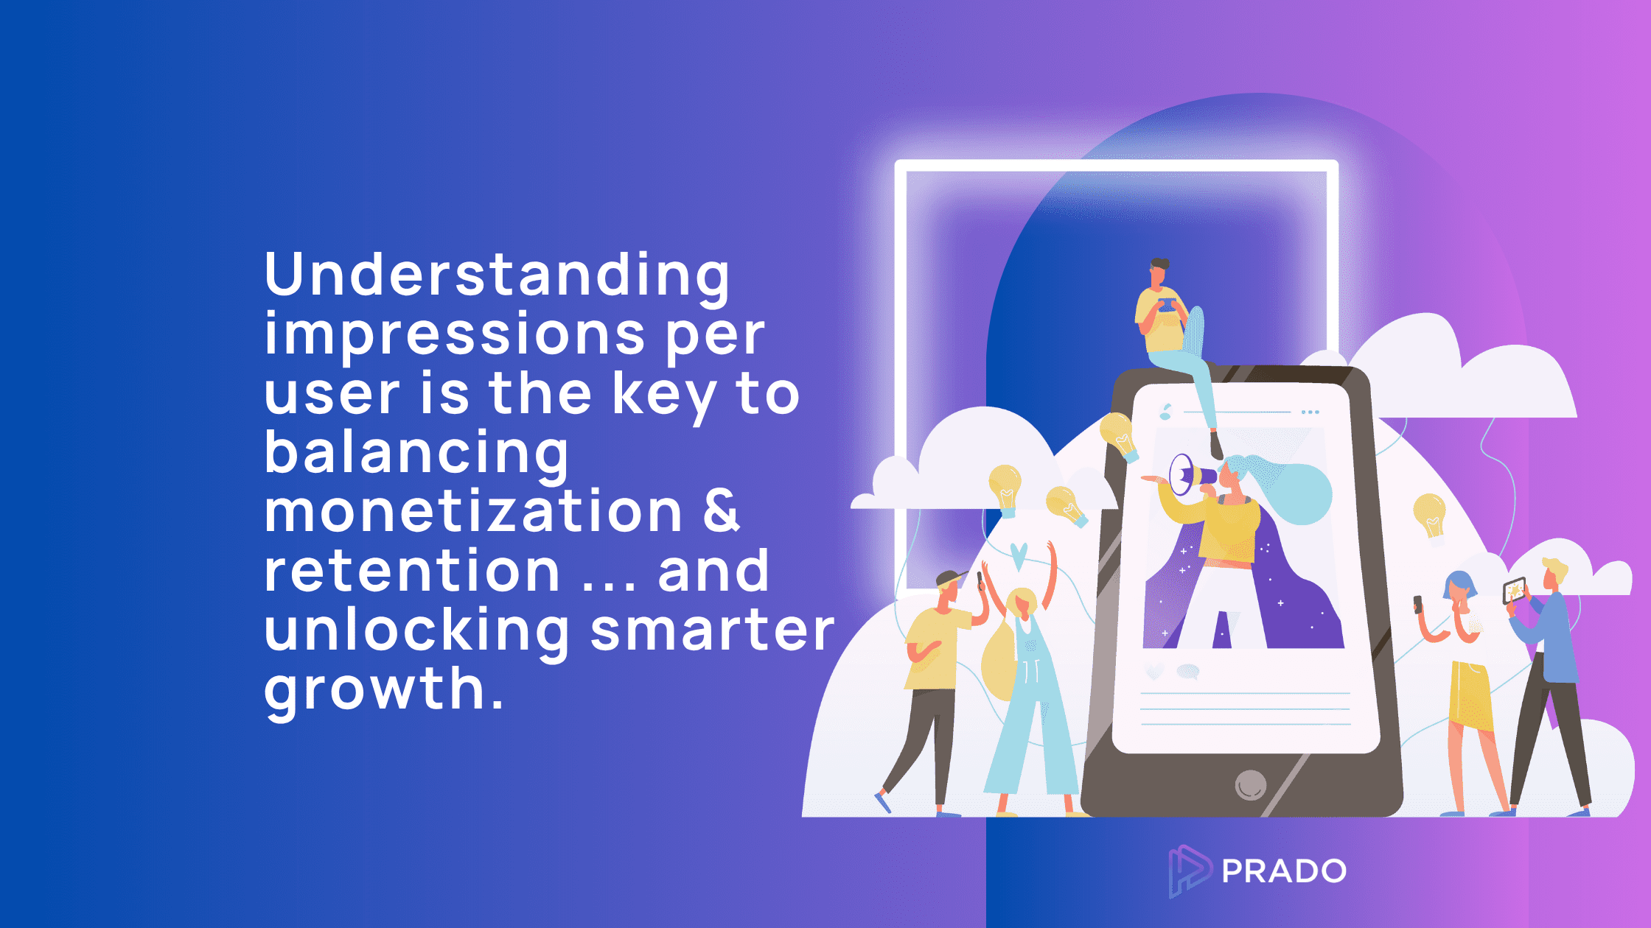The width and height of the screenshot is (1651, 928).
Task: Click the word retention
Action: (x=412, y=571)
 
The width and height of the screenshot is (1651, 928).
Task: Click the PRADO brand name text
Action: (x=1284, y=871)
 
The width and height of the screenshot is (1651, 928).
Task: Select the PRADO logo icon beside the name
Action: (x=1188, y=871)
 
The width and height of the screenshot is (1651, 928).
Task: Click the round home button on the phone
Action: (x=1250, y=785)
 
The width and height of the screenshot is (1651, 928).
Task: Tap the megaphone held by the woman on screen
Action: (x=1190, y=474)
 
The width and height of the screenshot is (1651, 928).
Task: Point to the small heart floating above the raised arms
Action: (x=1019, y=556)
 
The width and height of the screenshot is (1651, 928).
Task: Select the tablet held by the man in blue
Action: (x=1514, y=591)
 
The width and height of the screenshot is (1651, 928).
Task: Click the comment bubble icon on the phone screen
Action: (x=1188, y=671)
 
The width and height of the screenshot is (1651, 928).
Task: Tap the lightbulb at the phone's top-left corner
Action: (x=1119, y=437)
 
